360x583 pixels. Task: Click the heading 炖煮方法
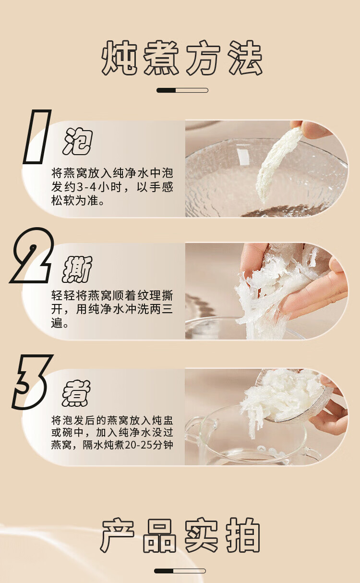coord(182,58)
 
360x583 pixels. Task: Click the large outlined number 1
coord(37,137)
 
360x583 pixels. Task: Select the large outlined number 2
coord(32,255)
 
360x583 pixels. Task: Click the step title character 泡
coord(77,141)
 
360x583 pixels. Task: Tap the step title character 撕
coord(77,269)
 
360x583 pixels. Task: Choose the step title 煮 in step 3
coord(76,393)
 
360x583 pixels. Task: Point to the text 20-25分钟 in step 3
coord(149,445)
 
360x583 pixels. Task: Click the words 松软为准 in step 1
coord(75,201)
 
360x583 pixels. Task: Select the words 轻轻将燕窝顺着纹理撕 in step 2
coord(112,295)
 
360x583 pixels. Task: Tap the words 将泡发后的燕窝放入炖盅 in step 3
coord(112,420)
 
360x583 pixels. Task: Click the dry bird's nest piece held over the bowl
coord(279,162)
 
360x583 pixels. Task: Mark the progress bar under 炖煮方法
coord(182,90)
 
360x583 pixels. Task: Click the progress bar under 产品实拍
coord(180,571)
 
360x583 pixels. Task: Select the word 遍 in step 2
coord(57,323)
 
